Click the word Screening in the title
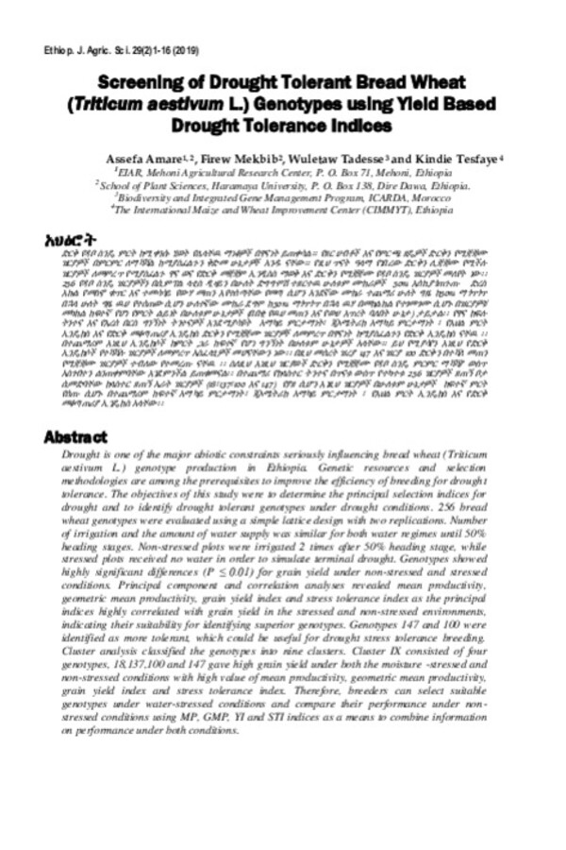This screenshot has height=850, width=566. [x=141, y=82]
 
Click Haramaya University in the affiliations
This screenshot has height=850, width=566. [x=253, y=187]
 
